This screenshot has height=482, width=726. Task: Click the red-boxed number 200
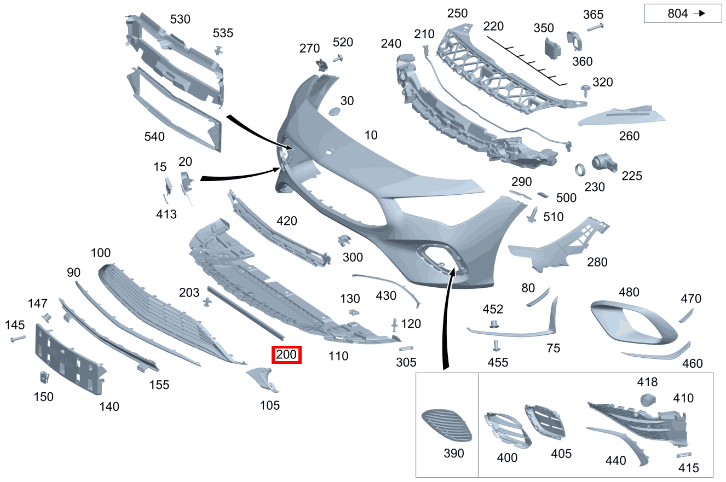[x=286, y=355]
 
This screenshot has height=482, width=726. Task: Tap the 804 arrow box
[x=683, y=13]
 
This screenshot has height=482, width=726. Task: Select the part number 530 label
[x=180, y=19]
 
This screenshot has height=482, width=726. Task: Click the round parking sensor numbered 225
[x=604, y=162]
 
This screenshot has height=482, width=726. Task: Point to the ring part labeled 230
[x=580, y=170]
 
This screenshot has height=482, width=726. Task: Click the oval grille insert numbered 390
[x=447, y=425]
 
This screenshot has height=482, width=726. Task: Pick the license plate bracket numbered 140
[x=70, y=359]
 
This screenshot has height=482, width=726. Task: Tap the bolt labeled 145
[x=18, y=339]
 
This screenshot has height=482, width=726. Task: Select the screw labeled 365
[x=595, y=27]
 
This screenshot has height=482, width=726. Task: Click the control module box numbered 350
[x=552, y=49]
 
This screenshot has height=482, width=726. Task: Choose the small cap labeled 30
[x=334, y=112]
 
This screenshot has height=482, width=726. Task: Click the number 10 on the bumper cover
[x=371, y=135]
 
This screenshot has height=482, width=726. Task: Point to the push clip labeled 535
[x=219, y=50]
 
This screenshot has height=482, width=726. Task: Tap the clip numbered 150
[x=44, y=377]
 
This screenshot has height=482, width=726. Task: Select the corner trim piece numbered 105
[x=263, y=379]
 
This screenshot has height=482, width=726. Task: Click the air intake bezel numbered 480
[x=633, y=322]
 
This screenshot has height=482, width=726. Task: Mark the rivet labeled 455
[x=496, y=346]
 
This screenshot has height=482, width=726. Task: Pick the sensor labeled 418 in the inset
[x=648, y=400]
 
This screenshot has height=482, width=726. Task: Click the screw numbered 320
[x=585, y=91]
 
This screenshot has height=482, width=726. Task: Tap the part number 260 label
[x=629, y=136]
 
